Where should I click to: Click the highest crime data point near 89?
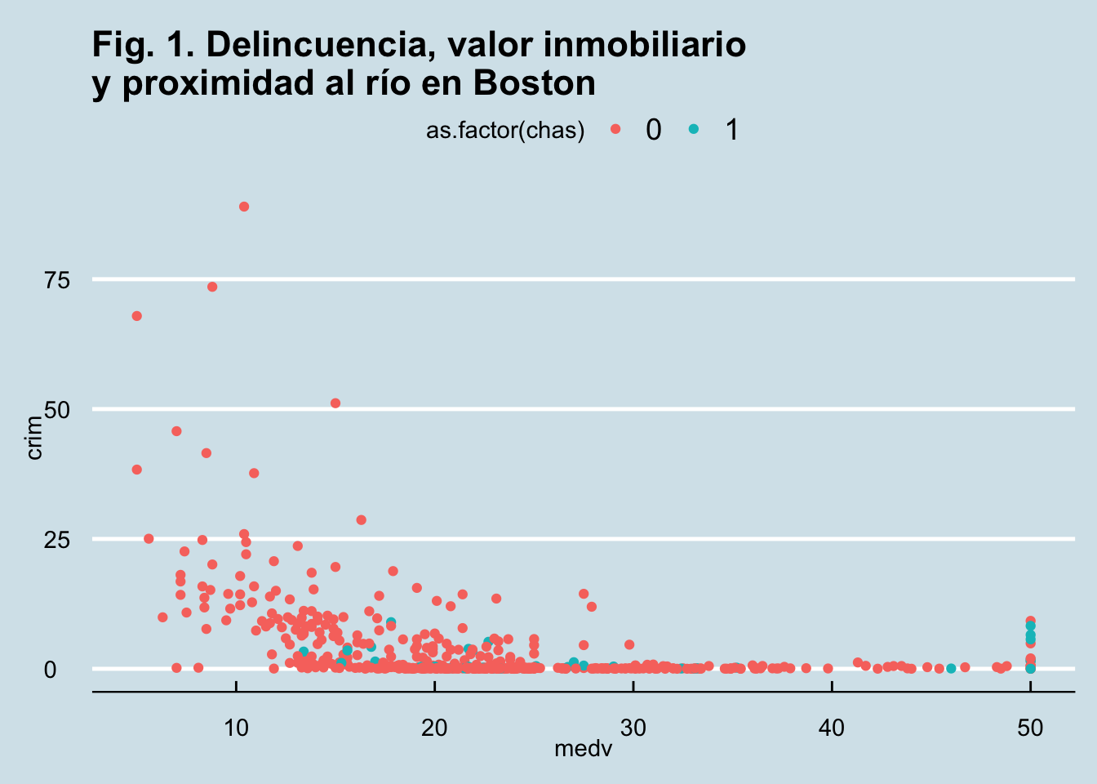244,207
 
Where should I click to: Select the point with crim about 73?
212,287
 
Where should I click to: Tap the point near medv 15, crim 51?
335,403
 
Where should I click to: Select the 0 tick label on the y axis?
51,669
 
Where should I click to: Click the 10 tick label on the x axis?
236,728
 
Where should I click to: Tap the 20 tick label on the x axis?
434,728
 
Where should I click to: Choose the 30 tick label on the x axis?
633,728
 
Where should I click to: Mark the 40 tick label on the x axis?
832,728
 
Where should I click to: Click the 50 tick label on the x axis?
1031,728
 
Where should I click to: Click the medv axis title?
583,748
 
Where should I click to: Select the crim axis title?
34,438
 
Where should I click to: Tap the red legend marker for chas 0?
615,129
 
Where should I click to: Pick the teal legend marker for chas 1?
694,129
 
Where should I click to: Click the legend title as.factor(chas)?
505,131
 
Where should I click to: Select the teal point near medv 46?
951,669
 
